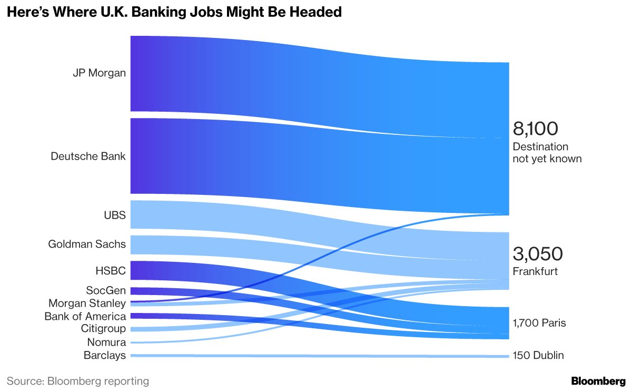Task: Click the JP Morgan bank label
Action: point(99,73)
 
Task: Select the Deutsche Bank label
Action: point(88,156)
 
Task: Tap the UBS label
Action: point(114,214)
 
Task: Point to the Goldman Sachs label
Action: point(87,244)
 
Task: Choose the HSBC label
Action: point(111,270)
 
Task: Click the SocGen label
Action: point(106,290)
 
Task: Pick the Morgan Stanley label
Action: point(87,303)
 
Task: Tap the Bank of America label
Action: point(85,316)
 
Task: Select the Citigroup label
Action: point(103,329)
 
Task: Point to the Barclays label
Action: point(105,355)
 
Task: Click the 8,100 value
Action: point(535,129)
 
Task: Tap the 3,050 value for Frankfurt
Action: point(538,254)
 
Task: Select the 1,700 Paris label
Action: point(539,323)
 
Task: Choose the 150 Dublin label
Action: point(538,356)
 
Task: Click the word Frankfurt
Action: point(535,272)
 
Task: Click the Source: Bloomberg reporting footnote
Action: point(77,380)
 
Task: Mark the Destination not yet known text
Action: point(547,152)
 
